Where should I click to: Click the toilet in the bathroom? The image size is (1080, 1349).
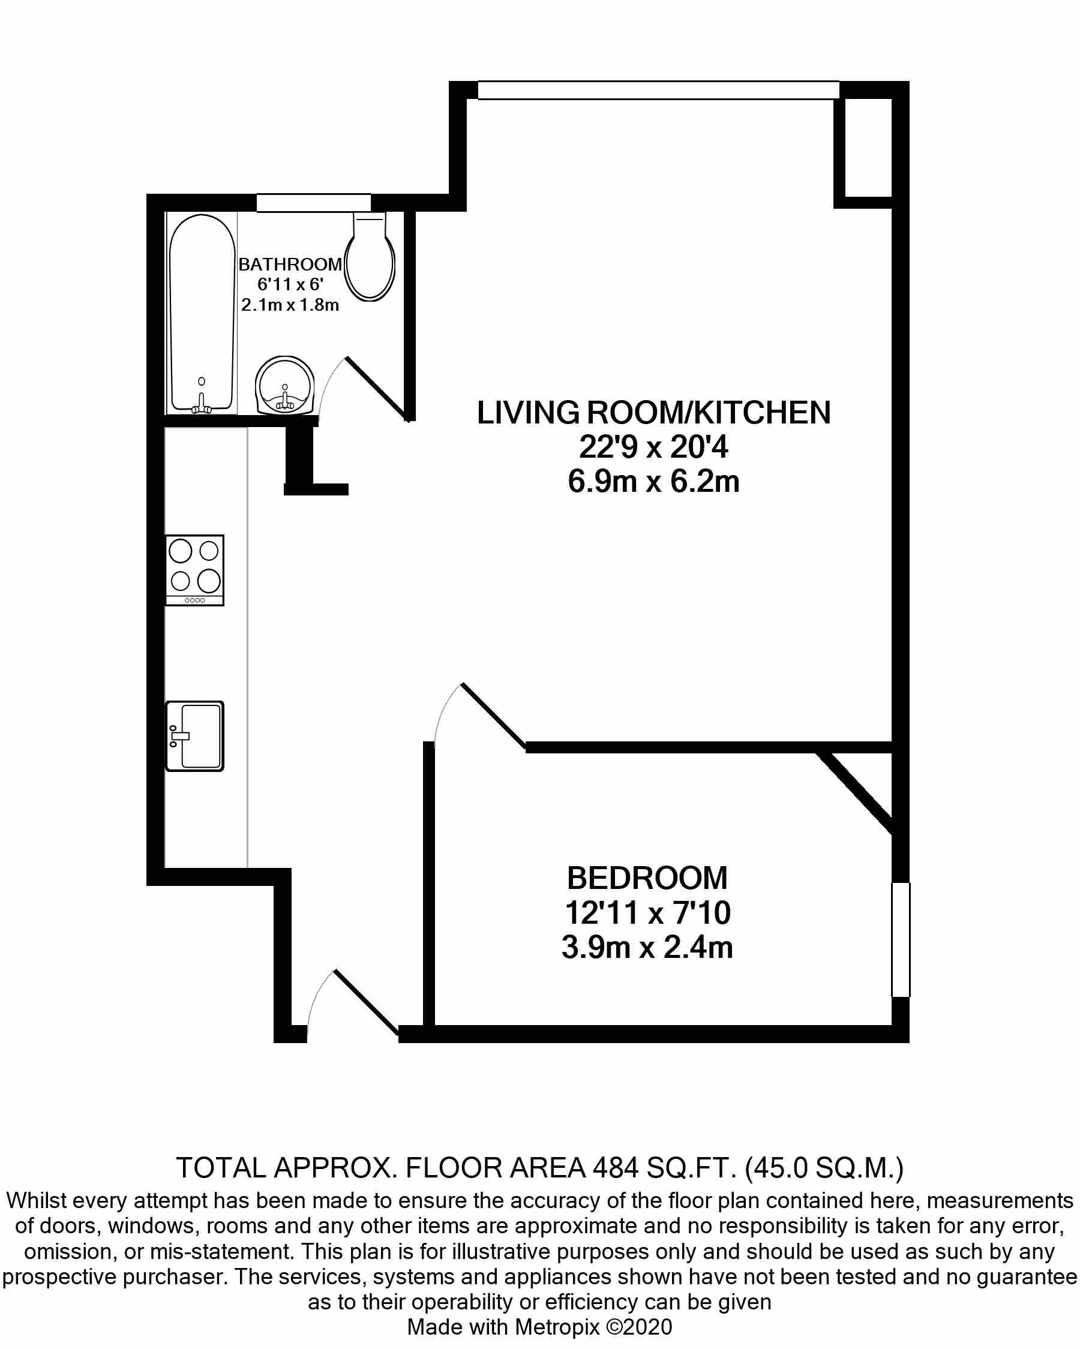[370, 256]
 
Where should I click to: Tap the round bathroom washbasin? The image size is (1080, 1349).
[285, 386]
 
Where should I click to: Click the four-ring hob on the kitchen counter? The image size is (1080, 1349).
[194, 570]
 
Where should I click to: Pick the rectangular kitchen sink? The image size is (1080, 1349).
[194, 736]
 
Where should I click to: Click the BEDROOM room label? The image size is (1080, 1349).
[647, 878]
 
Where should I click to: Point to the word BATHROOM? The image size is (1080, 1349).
[290, 264]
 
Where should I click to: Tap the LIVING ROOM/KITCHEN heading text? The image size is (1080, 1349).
[654, 413]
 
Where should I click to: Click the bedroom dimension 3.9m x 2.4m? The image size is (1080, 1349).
[647, 947]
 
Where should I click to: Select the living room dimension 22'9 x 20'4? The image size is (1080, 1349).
[654, 447]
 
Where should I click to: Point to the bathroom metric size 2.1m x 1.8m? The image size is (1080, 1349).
[290, 305]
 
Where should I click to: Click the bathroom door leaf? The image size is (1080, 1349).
[378, 389]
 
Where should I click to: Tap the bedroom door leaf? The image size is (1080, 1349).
[494, 715]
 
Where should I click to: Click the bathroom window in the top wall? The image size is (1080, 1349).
[313, 203]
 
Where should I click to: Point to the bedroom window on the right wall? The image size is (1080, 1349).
[901, 939]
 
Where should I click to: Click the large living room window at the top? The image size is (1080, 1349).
[658, 90]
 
